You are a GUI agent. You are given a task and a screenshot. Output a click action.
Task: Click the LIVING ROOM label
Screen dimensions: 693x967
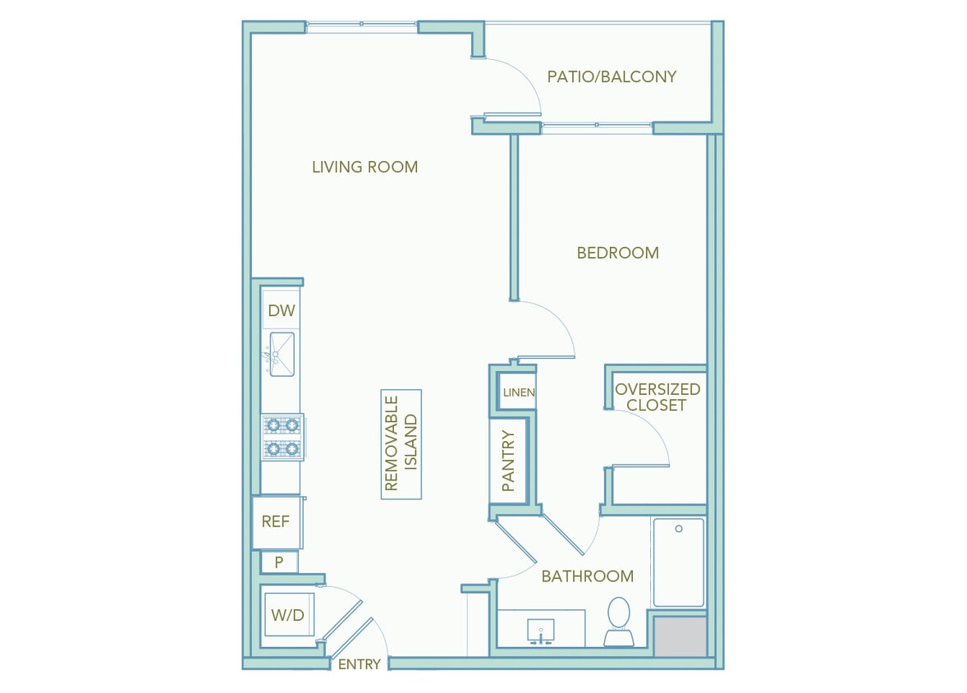pos(364,168)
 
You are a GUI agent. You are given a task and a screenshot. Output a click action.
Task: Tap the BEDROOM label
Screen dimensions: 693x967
pos(617,253)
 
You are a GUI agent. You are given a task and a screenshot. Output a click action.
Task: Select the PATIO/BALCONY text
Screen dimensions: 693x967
pos(612,77)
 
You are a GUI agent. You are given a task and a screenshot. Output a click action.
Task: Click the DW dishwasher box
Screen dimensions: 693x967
pos(281,311)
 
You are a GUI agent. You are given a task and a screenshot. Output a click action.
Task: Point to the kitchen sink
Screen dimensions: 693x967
pos(281,354)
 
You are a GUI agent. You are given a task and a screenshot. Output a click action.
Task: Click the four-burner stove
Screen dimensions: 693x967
pos(282,437)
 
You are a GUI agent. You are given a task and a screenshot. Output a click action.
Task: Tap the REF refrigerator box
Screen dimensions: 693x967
pos(276,521)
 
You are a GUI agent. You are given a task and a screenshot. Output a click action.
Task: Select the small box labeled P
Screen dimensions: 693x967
pos(279,562)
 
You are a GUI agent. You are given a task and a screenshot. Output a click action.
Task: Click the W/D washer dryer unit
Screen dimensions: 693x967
pos(288,613)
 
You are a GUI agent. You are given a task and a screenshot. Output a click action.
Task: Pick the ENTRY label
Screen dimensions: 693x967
pos(360,664)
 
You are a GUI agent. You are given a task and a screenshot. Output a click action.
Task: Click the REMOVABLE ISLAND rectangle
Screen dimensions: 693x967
pos(401,443)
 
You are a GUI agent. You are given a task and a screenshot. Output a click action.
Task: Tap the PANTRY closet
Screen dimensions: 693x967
pos(508,461)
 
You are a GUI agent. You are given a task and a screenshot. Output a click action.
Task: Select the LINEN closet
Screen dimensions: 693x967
pos(518,392)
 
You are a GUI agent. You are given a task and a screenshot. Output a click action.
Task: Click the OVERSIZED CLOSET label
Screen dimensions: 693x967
pos(658,397)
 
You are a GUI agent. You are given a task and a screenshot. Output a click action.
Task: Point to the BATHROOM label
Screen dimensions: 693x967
pos(587,576)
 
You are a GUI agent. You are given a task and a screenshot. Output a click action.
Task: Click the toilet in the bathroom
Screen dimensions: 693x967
pos(617,622)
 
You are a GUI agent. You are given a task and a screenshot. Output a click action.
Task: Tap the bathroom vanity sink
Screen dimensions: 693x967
pos(542,630)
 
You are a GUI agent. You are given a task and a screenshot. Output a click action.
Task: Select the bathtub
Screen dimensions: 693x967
pos(679,562)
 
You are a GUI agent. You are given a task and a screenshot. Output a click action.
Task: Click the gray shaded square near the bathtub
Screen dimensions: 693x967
pos(681,637)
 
